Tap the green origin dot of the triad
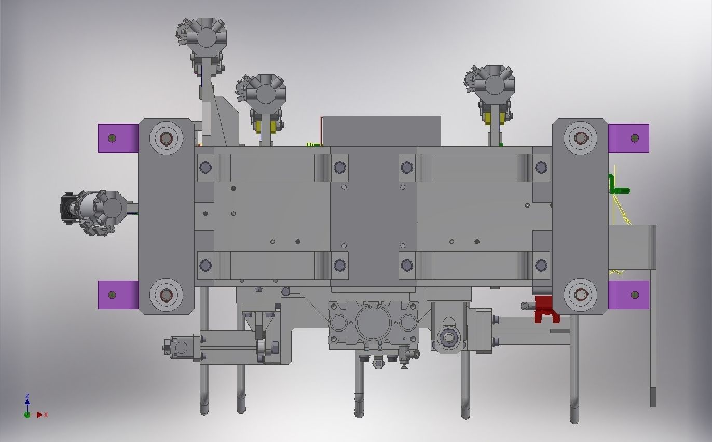pyautogui.click(x=27, y=415)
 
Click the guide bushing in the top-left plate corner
pyautogui.click(x=166, y=138)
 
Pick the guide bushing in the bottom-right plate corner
pyautogui.click(x=580, y=295)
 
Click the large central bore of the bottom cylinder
pyautogui.click(x=374, y=322)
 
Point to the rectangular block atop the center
pyautogui.click(x=381, y=131)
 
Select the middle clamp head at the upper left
pyautogui.click(x=265, y=94)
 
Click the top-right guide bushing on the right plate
pyautogui.click(x=580, y=138)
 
